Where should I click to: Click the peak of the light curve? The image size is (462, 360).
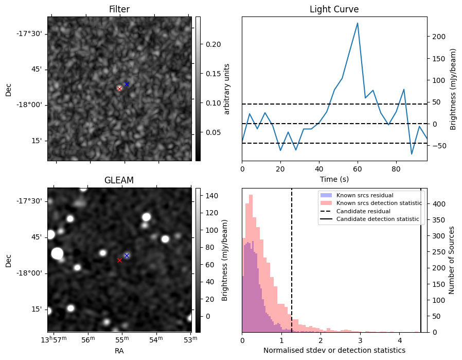click(x=358, y=23)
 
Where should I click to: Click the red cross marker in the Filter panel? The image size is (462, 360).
click(x=119, y=89)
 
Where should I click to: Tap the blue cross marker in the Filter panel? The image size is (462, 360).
click(x=127, y=84)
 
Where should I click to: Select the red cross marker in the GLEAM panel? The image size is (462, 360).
click(x=119, y=260)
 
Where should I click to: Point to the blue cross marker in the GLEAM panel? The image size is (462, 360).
click(x=127, y=255)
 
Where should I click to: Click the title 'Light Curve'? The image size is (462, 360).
click(x=334, y=9)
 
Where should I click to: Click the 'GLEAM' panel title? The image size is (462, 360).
click(x=119, y=180)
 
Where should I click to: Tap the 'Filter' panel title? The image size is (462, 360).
click(x=119, y=9)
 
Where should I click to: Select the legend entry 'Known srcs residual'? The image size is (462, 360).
click(x=365, y=195)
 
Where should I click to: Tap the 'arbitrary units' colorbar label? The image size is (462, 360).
click(x=227, y=88)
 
